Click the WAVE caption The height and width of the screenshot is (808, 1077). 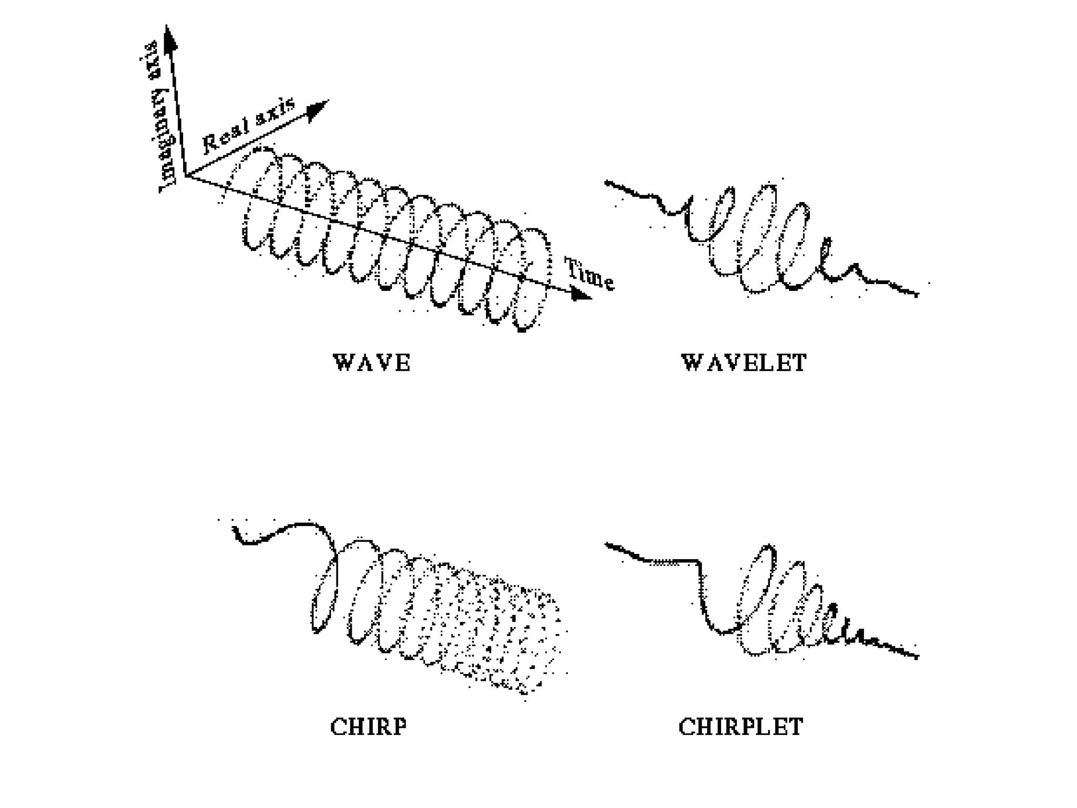click(x=371, y=363)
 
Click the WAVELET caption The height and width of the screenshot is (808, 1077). click(x=744, y=363)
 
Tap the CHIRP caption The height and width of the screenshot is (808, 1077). click(x=368, y=727)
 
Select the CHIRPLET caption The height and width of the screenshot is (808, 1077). click(x=740, y=727)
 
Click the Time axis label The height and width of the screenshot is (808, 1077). click(x=589, y=274)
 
